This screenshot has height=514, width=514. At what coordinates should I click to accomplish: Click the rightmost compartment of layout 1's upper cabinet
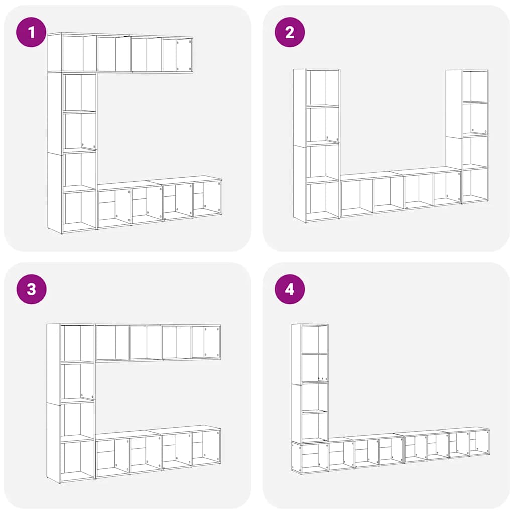pyautogui.click(x=183, y=54)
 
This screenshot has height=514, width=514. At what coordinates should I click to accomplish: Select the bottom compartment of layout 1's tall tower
pyautogui.click(x=79, y=210)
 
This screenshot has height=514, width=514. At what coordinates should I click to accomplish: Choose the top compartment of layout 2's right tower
pyautogui.click(x=475, y=86)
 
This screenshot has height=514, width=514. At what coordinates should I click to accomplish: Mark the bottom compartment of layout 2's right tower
pyautogui.click(x=475, y=184)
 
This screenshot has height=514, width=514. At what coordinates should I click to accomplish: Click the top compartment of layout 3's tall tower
pyautogui.click(x=78, y=343)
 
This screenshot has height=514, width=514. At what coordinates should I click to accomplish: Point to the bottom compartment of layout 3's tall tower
pyautogui.click(x=78, y=459)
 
